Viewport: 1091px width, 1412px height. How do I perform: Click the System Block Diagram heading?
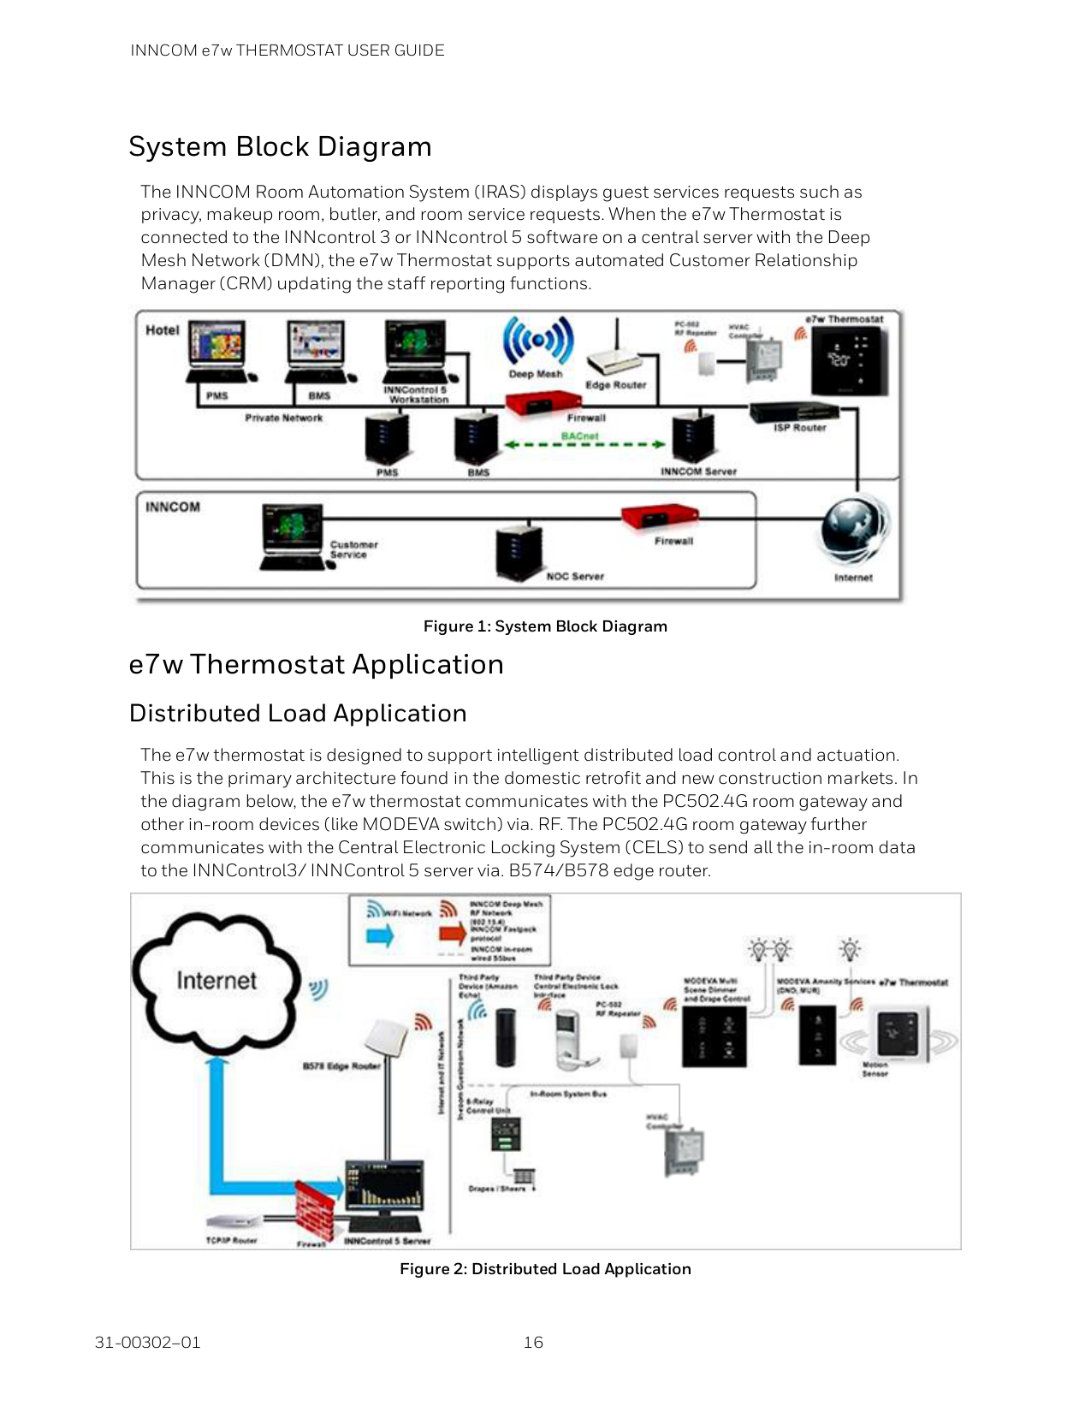coord(280,146)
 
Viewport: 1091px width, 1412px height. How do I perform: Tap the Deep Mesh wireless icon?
coord(537,341)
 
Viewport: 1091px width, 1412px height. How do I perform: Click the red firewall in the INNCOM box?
coord(658,519)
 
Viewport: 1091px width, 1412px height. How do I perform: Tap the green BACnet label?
coord(579,436)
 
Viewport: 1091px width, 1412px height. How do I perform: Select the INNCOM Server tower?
coord(693,437)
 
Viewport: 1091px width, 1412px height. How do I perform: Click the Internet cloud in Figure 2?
coord(216,982)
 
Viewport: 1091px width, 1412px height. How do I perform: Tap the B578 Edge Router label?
coord(341,1066)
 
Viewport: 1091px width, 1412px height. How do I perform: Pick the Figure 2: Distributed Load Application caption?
coord(545,1269)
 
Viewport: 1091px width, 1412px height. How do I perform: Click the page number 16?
coord(533,1343)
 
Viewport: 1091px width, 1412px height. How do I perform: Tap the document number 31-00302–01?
coord(147,1343)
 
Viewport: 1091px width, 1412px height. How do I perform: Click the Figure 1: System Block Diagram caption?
coord(545,626)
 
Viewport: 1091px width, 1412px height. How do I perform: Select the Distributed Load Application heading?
coord(298,714)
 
